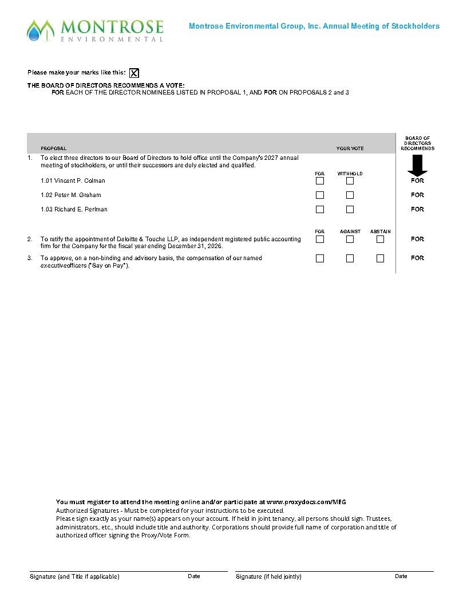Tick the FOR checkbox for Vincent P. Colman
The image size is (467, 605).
tap(320, 180)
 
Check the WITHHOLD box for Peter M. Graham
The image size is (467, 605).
tap(350, 195)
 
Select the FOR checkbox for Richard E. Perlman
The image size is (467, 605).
tap(320, 209)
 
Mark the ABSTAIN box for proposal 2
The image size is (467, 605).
tap(380, 239)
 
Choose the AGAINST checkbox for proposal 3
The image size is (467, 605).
tap(350, 258)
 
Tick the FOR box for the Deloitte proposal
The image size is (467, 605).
tap(320, 239)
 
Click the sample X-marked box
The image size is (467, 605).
tap(134, 73)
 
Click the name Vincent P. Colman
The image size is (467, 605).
tap(80, 180)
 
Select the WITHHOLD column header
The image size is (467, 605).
tap(350, 174)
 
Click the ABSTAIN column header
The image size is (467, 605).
tap(380, 231)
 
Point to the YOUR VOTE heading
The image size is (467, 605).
tap(350, 148)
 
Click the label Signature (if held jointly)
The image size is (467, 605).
tap(268, 576)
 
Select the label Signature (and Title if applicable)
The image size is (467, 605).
tap(74, 576)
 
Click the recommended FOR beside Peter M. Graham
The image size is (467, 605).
tap(417, 195)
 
